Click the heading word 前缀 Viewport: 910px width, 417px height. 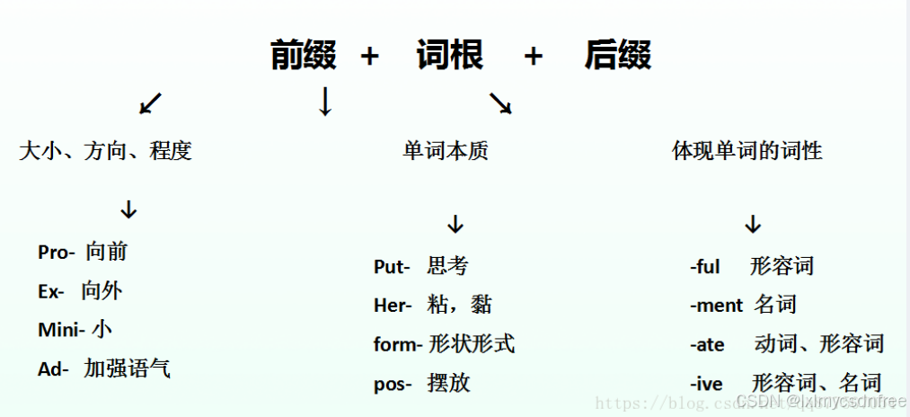pyautogui.click(x=304, y=56)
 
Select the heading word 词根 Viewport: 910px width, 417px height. pyautogui.click(x=450, y=56)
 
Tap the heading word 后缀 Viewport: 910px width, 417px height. pyautogui.click(x=618, y=56)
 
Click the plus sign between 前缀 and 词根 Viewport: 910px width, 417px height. pyautogui.click(x=369, y=57)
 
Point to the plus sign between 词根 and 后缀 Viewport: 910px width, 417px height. pyautogui.click(x=534, y=57)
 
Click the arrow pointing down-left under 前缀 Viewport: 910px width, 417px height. pyautogui.click(x=151, y=104)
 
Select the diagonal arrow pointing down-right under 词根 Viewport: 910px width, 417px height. pyautogui.click(x=500, y=104)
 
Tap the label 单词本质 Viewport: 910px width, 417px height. pyautogui.click(x=446, y=151)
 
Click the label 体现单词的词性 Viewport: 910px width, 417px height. pyautogui.click(x=747, y=151)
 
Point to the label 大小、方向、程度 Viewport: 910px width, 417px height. pyautogui.click(x=105, y=151)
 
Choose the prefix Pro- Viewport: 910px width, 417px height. pyautogui.click(x=57, y=253)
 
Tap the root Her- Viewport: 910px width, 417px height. pyautogui.click(x=393, y=306)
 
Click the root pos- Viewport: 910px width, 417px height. pyautogui.click(x=393, y=384)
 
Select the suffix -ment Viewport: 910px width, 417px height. pyautogui.click(x=716, y=306)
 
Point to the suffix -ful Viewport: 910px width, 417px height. pyautogui.click(x=705, y=267)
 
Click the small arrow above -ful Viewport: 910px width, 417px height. pyautogui.click(x=753, y=225)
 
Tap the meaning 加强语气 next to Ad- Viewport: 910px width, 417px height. pyautogui.click(x=128, y=368)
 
